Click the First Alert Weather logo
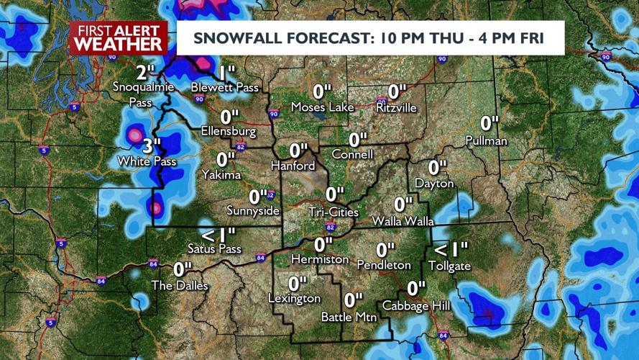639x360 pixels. point(119,37)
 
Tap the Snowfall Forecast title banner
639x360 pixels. point(370,38)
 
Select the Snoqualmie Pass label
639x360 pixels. point(142,94)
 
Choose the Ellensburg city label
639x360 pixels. point(229,132)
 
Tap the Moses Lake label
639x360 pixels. point(322,107)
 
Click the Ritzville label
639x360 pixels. point(397,107)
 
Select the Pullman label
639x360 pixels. point(486,140)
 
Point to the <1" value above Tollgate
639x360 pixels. point(449,250)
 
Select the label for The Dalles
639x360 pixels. point(180,286)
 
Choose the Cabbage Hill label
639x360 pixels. point(416,306)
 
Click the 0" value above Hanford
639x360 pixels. point(298,150)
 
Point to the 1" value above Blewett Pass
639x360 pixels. point(227,72)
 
